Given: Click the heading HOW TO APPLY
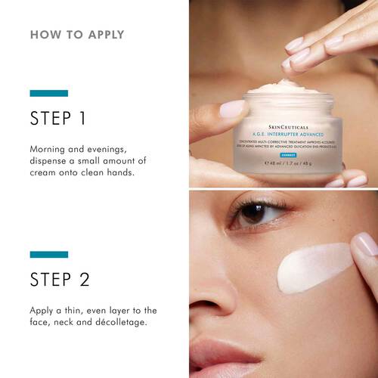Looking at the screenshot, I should pos(77,35).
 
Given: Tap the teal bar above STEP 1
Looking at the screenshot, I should pos(49,93).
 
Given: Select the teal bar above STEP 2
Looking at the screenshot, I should pos(49,255).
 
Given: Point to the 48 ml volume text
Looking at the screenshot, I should pos(274,162).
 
